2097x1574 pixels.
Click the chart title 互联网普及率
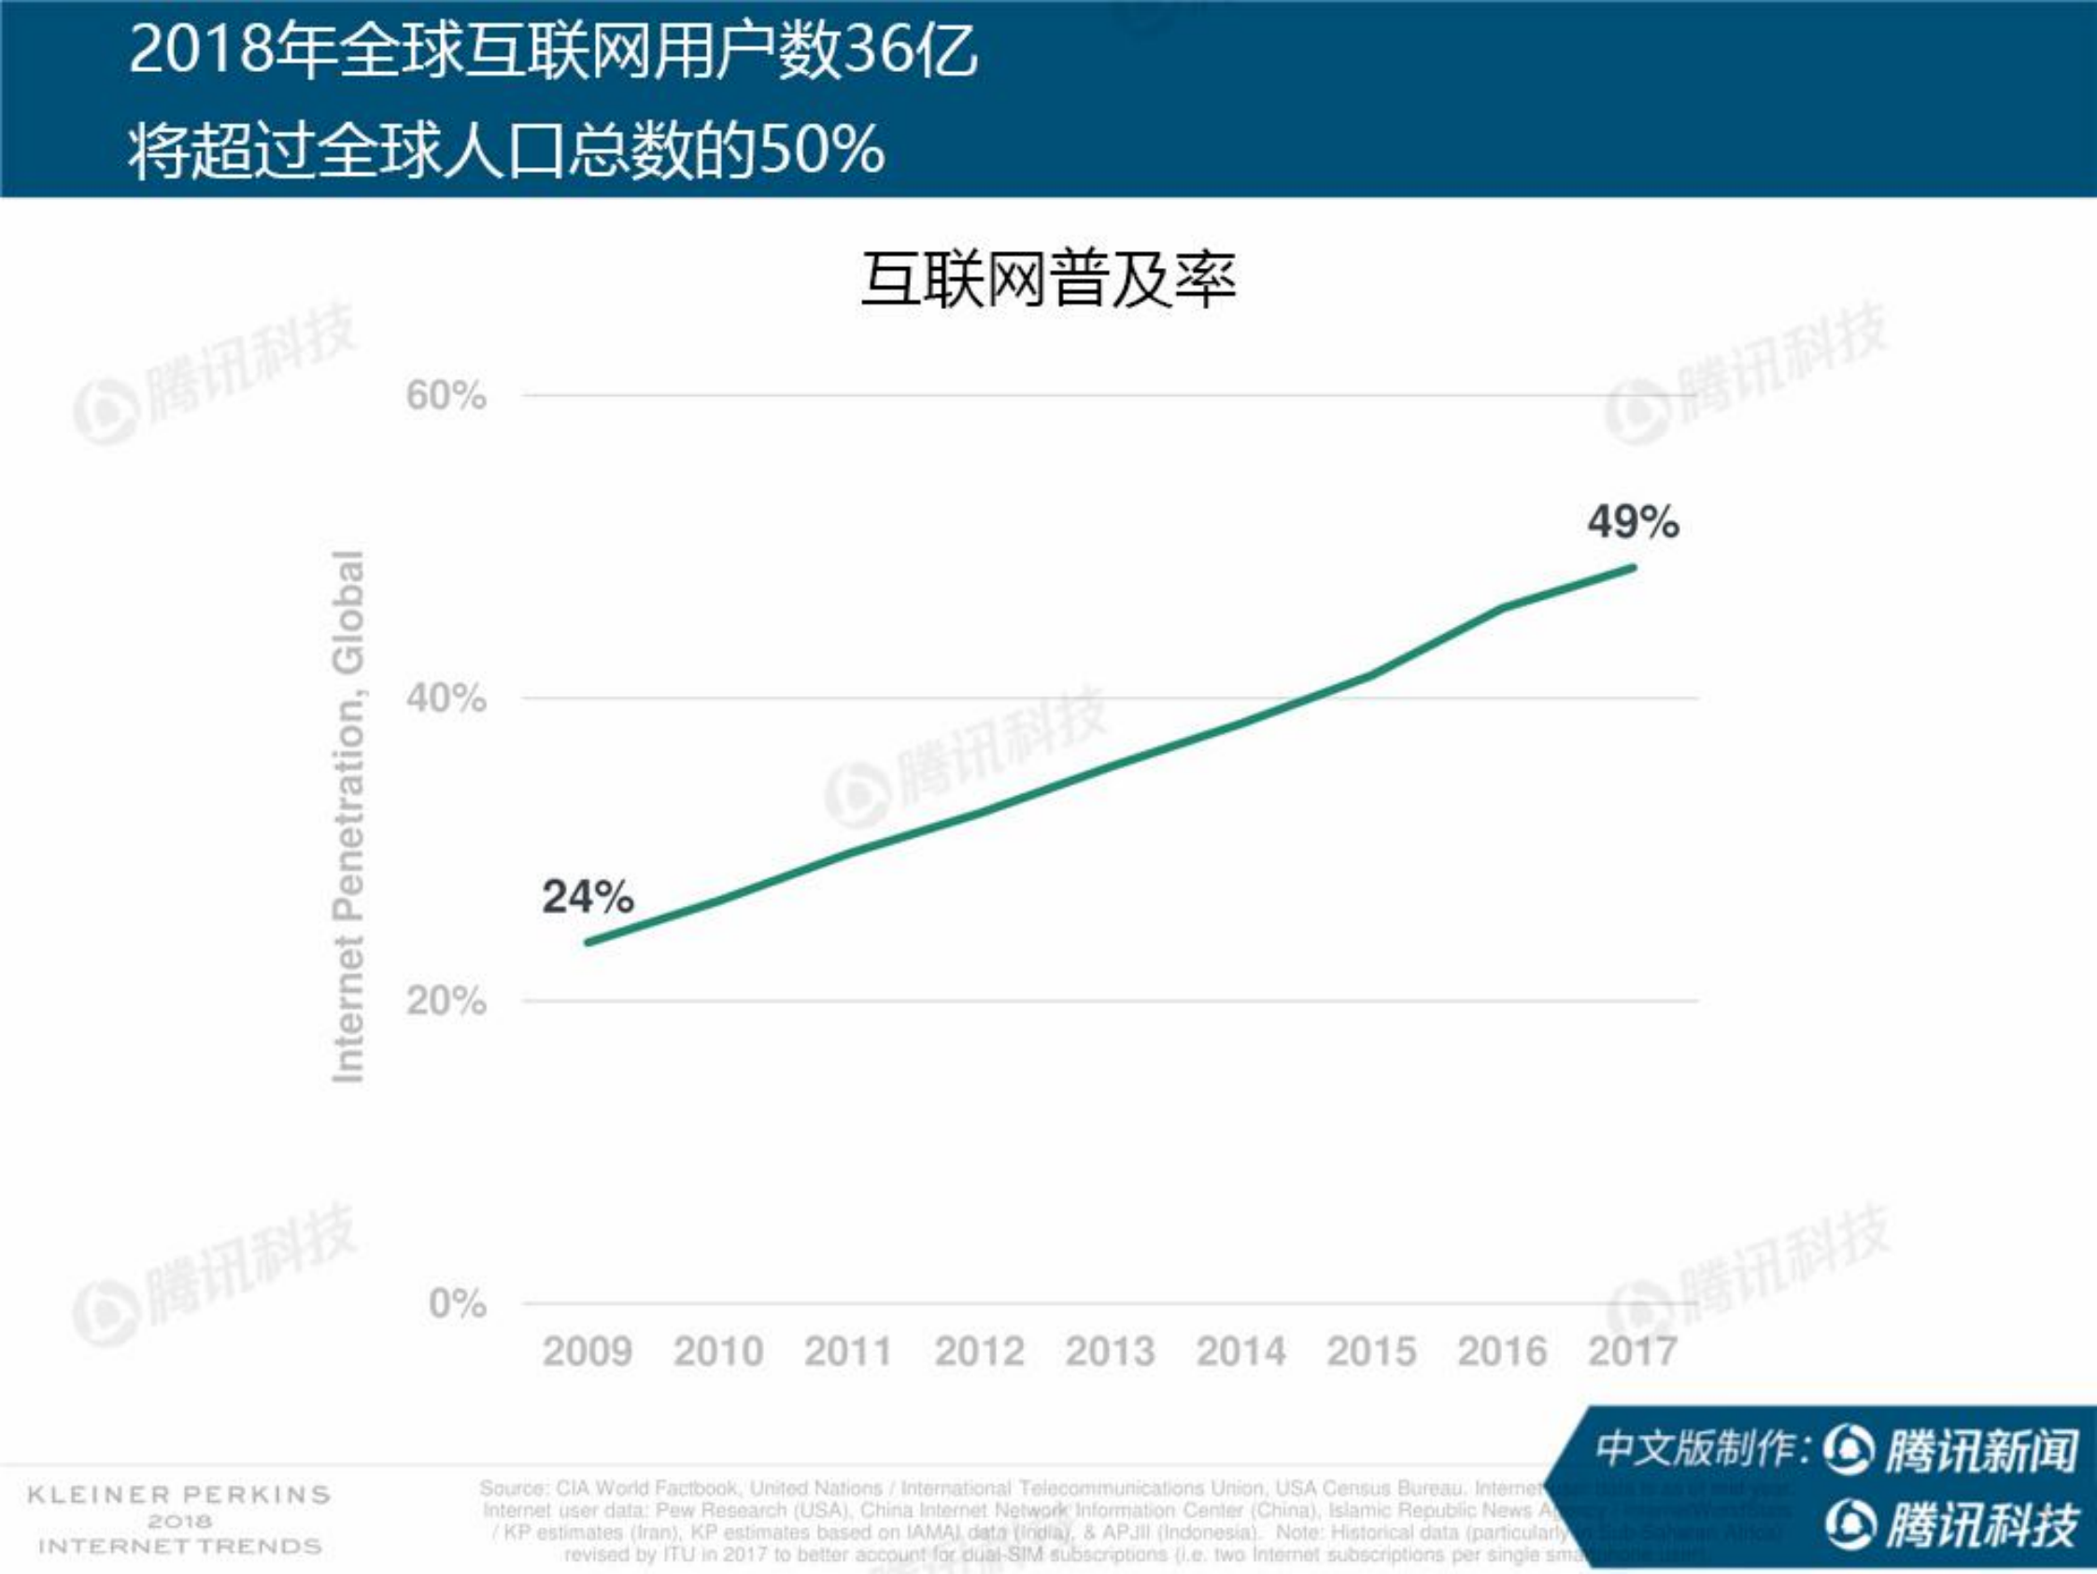[1048, 280]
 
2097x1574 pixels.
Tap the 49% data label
[1633, 522]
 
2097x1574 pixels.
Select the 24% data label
[588, 897]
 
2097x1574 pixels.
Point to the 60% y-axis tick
[446, 395]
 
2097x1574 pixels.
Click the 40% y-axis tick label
[446, 699]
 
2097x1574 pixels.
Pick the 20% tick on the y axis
[446, 1000]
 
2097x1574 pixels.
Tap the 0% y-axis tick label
[457, 1303]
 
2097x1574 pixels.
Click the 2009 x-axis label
[588, 1351]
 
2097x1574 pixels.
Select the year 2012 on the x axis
[979, 1351]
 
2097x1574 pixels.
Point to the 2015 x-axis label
[1371, 1351]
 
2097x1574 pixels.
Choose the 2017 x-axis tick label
[1633, 1351]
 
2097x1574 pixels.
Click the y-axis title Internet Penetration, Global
[347, 816]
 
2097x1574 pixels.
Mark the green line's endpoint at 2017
[1633, 568]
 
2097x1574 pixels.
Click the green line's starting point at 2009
[588, 943]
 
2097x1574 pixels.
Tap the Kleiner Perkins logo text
[179, 1496]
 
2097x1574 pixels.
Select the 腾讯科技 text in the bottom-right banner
[1981, 1525]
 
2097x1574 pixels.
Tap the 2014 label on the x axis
[1241, 1351]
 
